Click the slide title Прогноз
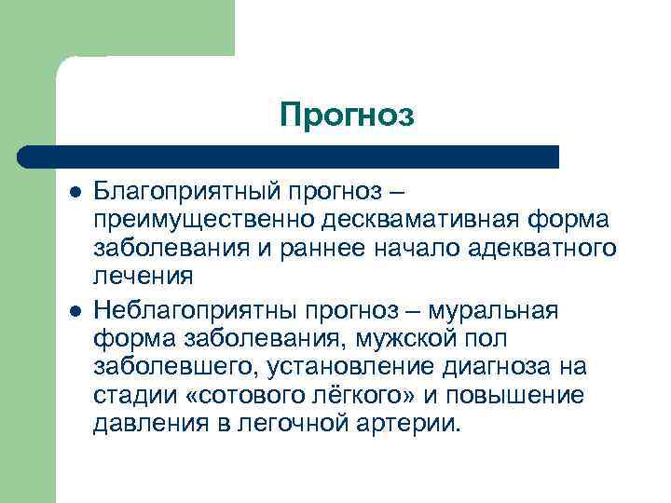point(346,116)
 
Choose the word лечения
point(144,277)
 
